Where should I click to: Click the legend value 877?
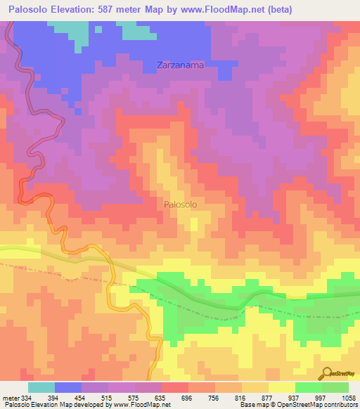pos(269,397)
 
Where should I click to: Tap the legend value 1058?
pos(348,397)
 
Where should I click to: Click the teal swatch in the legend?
pos(41,387)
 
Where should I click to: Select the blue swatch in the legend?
pos(68,387)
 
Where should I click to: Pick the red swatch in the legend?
pos(175,387)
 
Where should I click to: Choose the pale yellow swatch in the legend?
pos(282,387)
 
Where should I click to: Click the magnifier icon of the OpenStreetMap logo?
pos(327,372)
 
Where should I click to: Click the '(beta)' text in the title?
pos(277,10)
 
